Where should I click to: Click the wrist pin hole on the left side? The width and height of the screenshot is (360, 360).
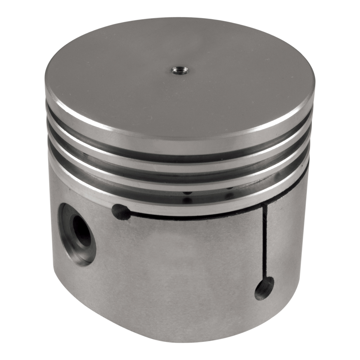(x=77, y=234)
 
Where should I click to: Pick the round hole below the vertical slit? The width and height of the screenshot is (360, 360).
(x=264, y=288)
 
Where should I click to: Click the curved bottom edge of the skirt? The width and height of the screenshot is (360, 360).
(x=162, y=337)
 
